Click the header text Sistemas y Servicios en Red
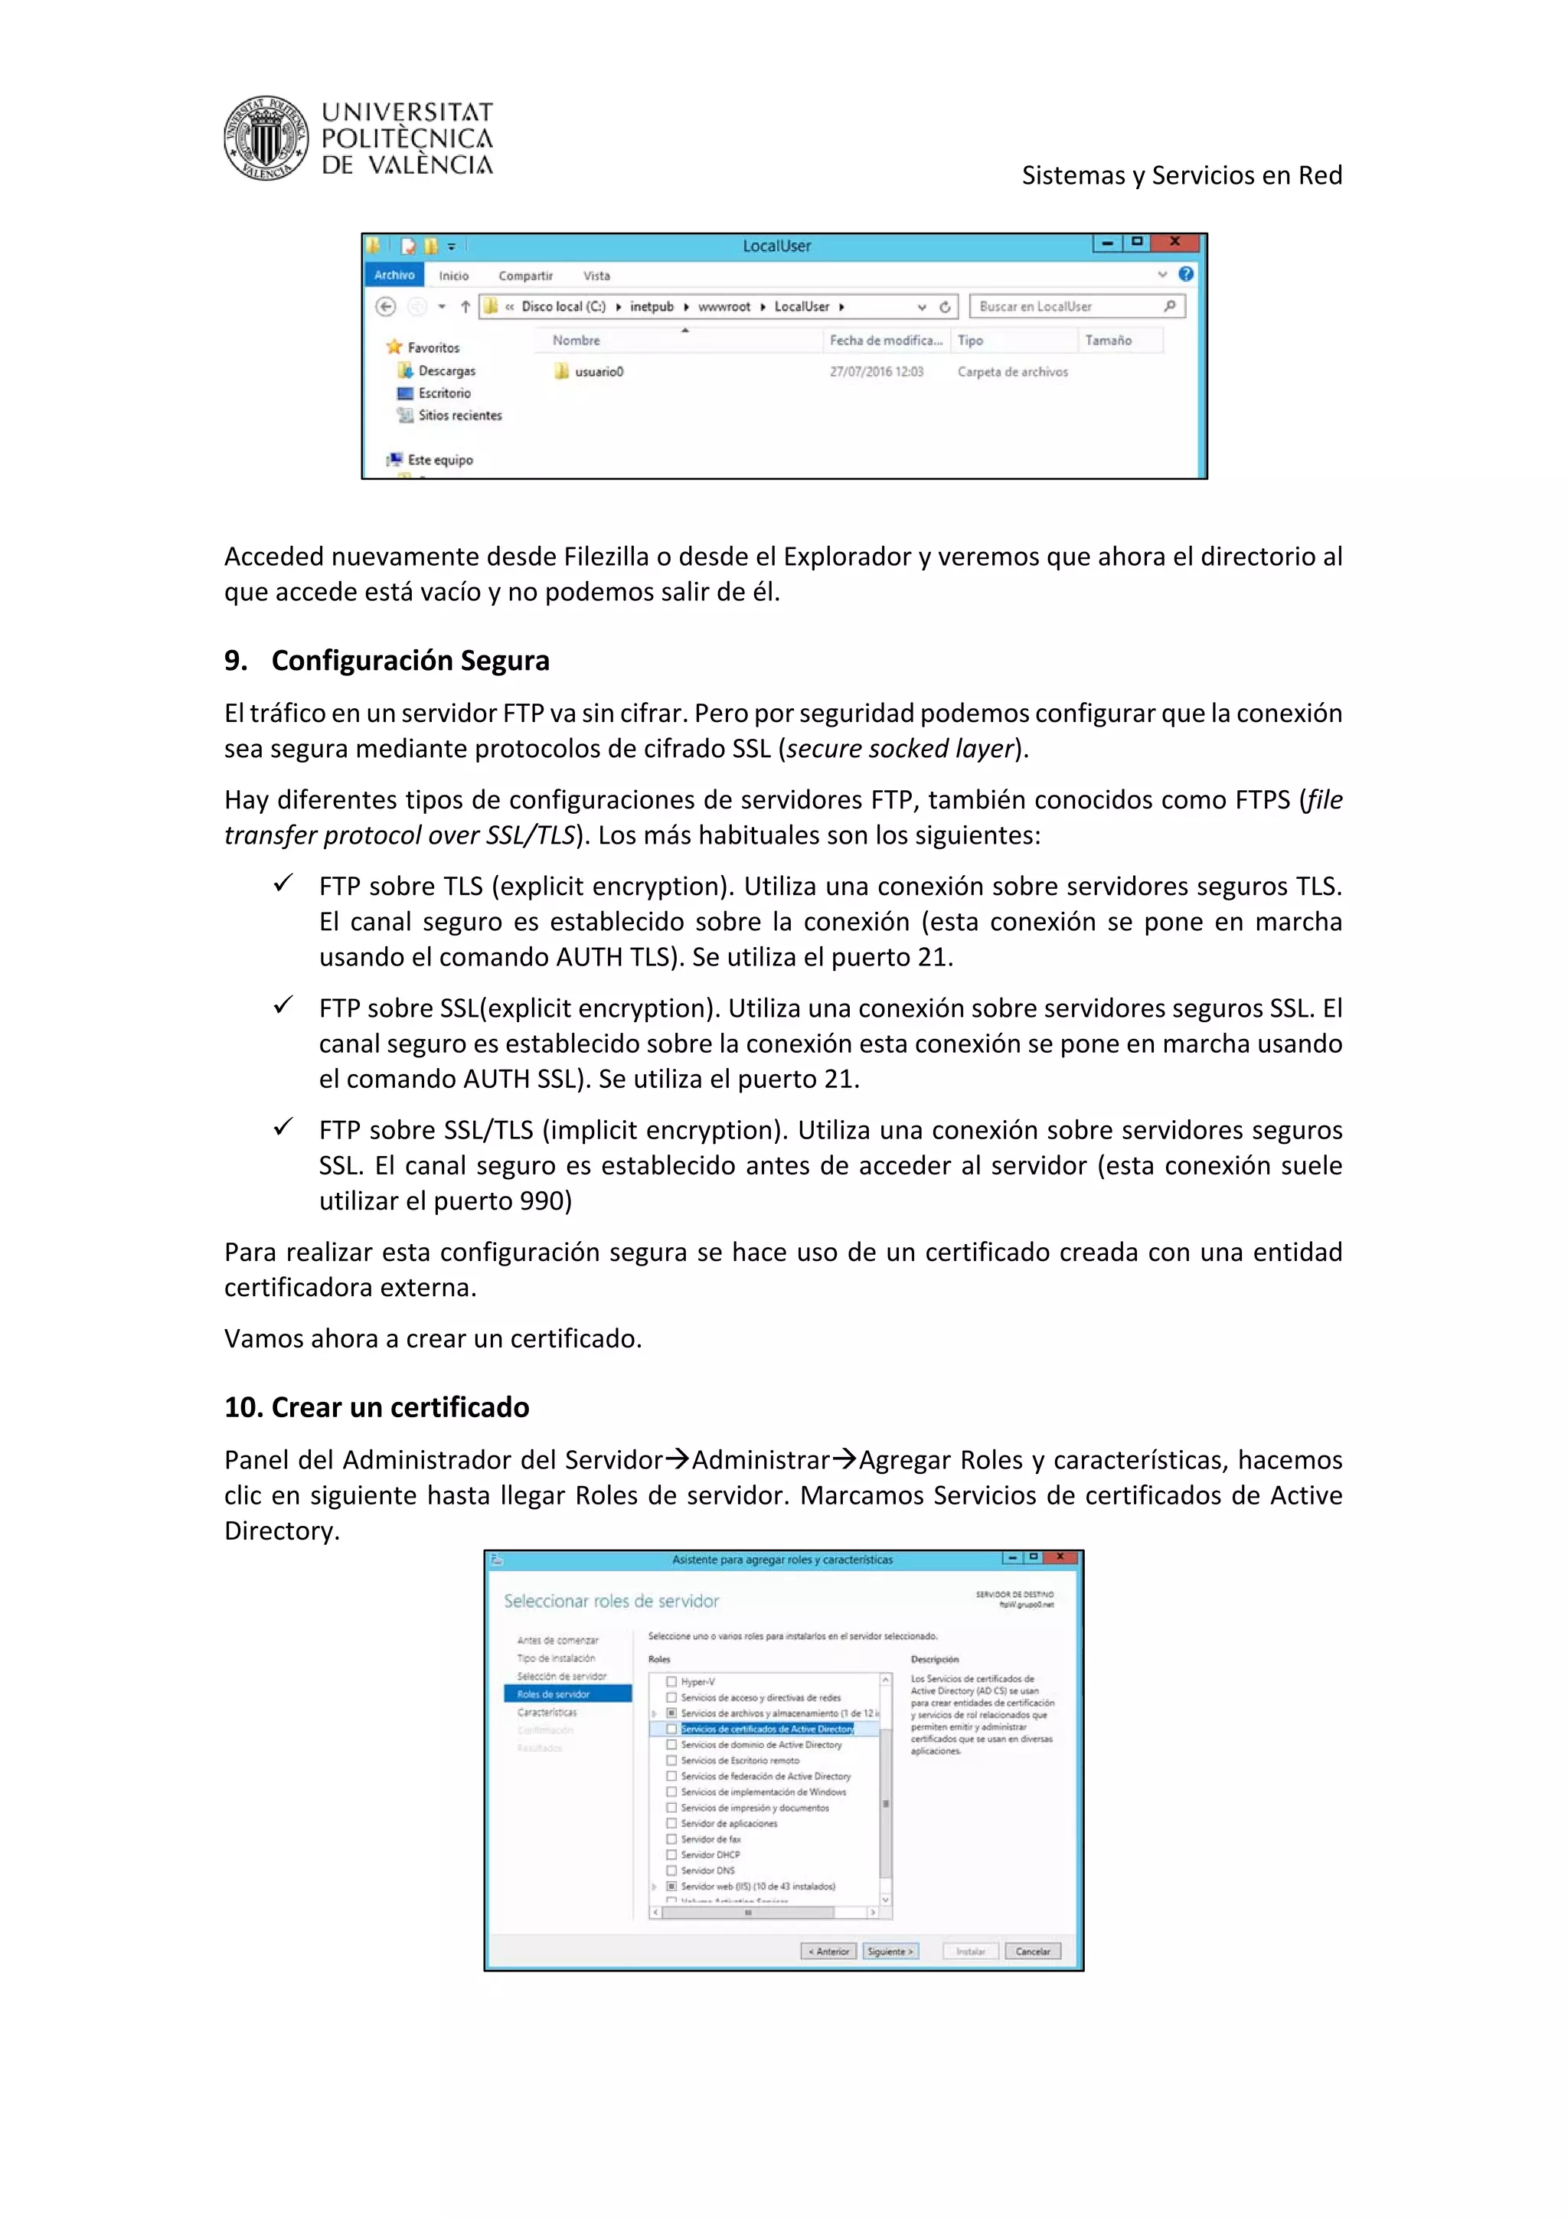tap(1181, 176)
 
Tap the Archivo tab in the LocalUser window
tap(394, 276)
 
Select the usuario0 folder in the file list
tap(598, 372)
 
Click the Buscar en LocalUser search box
tap(1067, 307)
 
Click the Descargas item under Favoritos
tap(446, 371)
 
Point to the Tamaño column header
tap(1107, 341)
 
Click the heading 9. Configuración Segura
tap(387, 661)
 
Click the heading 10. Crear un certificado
tap(377, 1407)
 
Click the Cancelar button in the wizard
tap(1032, 1952)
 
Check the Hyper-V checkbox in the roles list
tap(671, 1682)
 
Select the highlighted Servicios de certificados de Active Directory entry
tap(767, 1730)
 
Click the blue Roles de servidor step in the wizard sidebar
tap(567, 1694)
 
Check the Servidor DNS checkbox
tap(671, 1870)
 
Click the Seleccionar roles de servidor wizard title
tap(612, 1602)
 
